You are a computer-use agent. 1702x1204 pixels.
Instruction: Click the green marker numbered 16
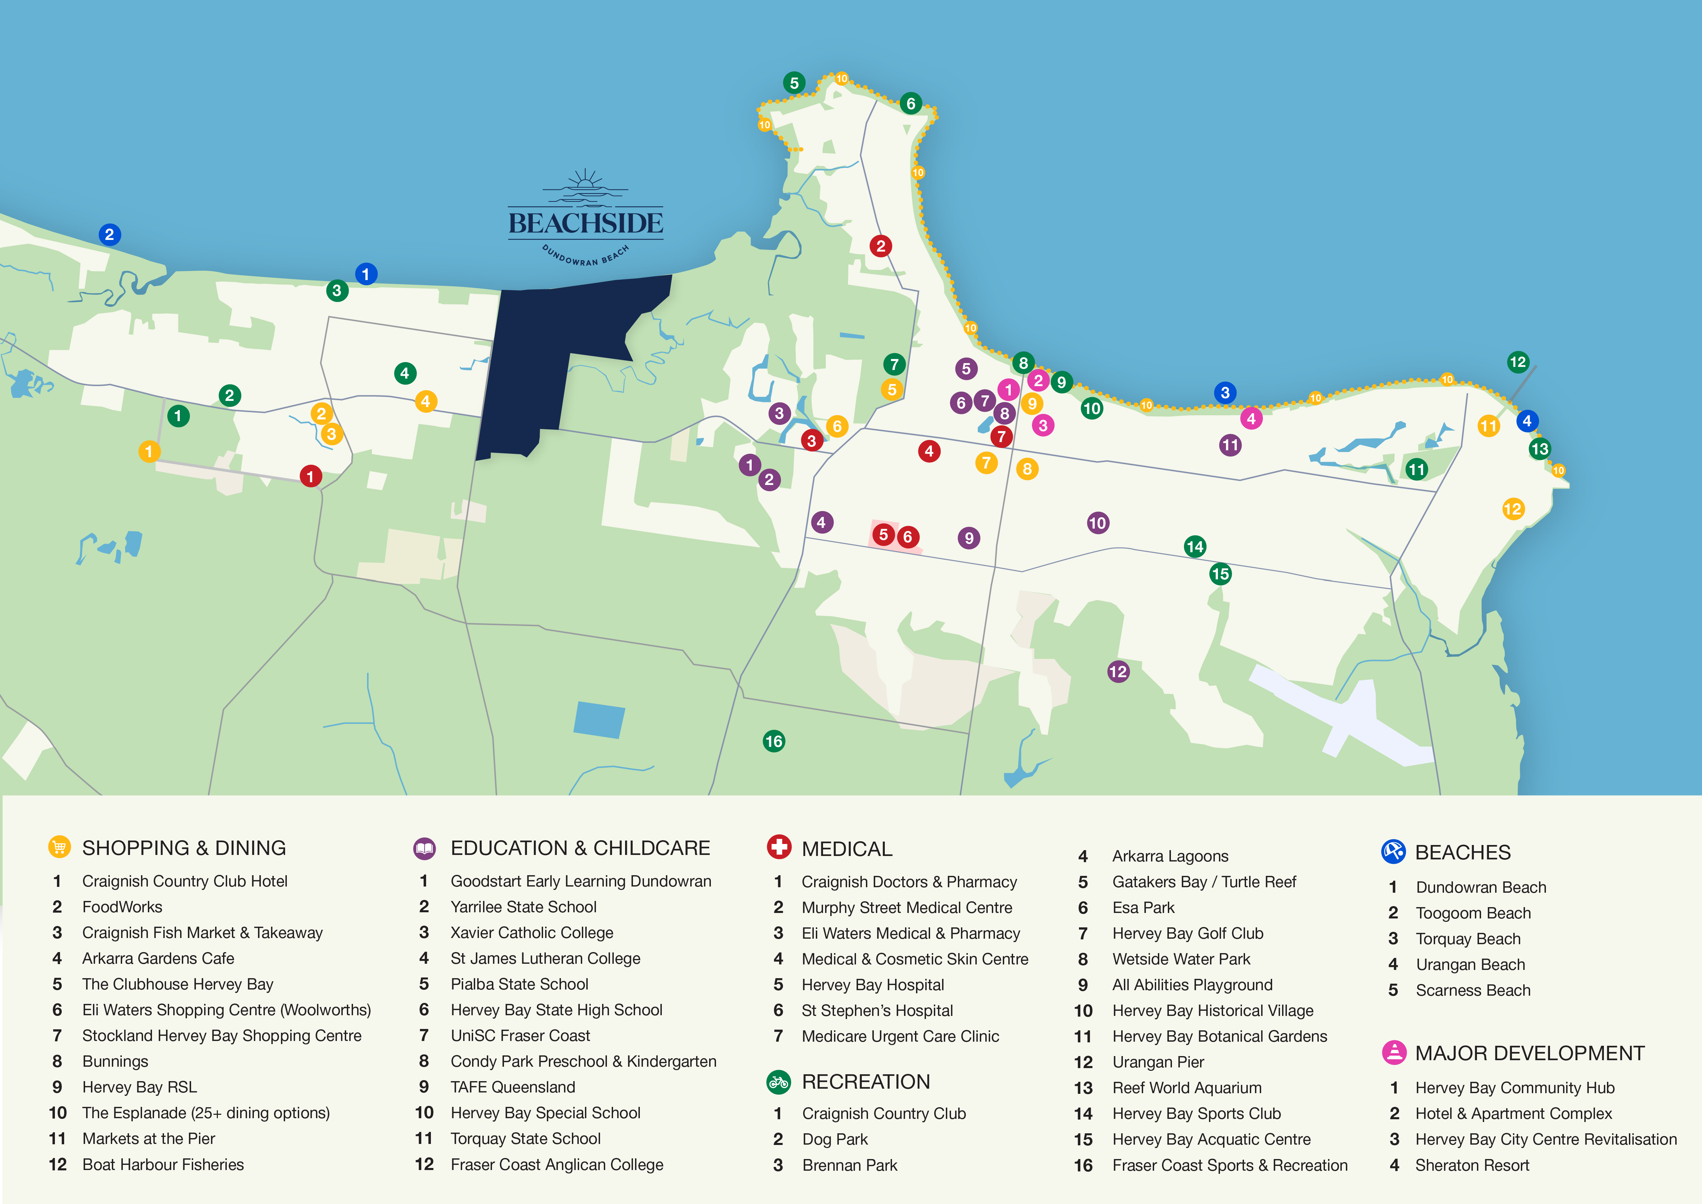(x=773, y=741)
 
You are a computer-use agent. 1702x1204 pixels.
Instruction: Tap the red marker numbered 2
(x=881, y=246)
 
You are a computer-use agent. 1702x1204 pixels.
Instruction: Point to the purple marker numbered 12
(x=1118, y=672)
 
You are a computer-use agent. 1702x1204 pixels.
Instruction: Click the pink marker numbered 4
(x=1251, y=418)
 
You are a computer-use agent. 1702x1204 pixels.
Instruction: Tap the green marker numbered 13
(x=1540, y=449)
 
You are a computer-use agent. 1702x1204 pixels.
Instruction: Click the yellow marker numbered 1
(x=149, y=451)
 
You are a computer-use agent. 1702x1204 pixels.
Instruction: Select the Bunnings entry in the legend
(x=115, y=1061)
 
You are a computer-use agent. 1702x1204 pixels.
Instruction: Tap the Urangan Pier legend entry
(x=1158, y=1062)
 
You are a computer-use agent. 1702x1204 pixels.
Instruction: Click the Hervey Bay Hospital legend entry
(x=872, y=985)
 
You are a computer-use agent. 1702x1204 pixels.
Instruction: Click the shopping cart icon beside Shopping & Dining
(x=59, y=847)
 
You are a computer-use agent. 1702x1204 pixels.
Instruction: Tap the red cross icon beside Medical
(x=778, y=847)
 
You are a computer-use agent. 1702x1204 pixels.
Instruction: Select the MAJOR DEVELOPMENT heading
(x=1529, y=1053)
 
